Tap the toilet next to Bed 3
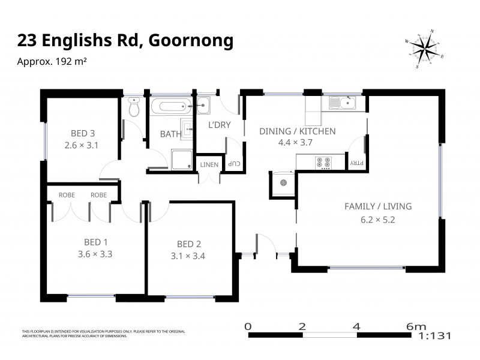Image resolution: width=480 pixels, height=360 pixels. click(134, 107)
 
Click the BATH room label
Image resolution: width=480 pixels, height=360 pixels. click(170, 134)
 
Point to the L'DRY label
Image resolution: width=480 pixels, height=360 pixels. click(218, 125)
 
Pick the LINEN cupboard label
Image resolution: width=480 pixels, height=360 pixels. click(209, 164)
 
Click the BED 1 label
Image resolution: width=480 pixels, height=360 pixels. click(95, 242)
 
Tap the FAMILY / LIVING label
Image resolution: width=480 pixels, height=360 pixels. click(377, 206)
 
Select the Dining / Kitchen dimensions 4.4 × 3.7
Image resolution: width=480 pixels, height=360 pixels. click(296, 143)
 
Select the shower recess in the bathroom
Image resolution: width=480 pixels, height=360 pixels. click(179, 158)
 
